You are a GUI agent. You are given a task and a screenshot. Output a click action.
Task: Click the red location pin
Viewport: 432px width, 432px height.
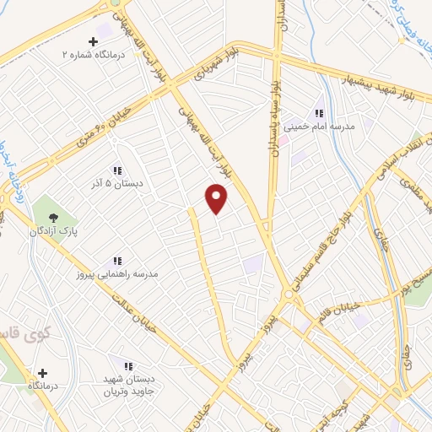tap(218, 198)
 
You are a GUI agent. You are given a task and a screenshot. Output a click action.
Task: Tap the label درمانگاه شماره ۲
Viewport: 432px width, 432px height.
tap(91, 53)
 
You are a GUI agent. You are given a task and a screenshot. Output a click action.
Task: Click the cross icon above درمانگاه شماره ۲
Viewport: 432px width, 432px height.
tap(92, 40)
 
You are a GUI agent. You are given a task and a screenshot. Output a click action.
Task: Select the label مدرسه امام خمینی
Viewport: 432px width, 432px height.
tap(319, 126)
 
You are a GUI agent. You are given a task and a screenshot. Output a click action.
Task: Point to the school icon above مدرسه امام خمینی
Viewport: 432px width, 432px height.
tap(319, 113)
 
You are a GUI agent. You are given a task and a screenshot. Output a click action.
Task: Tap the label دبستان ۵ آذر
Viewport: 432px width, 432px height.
tap(117, 182)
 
